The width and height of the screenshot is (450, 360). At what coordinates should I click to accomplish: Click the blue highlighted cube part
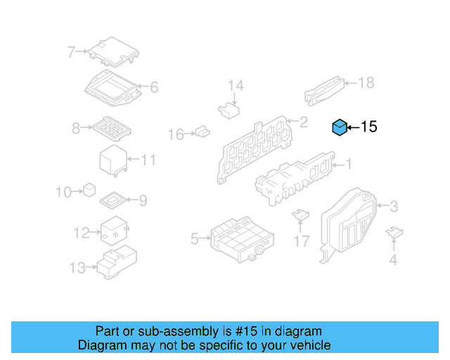click(x=340, y=127)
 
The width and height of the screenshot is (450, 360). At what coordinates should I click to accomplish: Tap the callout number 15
click(x=368, y=127)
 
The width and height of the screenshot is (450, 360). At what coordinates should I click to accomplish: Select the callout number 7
click(x=71, y=52)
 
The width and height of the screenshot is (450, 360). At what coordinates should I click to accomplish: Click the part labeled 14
click(x=229, y=110)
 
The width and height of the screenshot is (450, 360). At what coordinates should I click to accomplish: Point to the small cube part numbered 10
click(x=89, y=190)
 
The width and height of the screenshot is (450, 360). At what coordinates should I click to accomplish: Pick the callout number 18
click(x=366, y=83)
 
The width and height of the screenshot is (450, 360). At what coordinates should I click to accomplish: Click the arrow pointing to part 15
click(x=353, y=127)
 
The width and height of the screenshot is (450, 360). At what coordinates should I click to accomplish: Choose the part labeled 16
click(x=202, y=131)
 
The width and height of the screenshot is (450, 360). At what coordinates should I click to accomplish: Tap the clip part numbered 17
click(x=300, y=214)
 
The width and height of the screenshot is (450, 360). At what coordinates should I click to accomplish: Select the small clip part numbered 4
click(x=394, y=232)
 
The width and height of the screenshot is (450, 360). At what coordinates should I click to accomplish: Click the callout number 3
click(x=394, y=207)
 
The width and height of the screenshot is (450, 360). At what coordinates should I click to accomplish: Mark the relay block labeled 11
click(x=113, y=160)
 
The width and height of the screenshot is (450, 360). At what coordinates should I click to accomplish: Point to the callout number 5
click(x=195, y=239)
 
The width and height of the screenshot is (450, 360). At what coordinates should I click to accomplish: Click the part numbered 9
click(x=113, y=200)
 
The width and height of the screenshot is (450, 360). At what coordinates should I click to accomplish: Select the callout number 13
click(x=77, y=268)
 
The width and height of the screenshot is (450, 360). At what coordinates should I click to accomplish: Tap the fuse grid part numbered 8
click(x=112, y=129)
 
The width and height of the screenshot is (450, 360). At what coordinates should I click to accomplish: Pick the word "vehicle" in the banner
click(x=314, y=345)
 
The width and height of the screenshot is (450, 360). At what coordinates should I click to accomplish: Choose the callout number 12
click(x=82, y=233)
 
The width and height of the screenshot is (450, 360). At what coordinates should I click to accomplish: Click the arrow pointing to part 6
click(x=143, y=86)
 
